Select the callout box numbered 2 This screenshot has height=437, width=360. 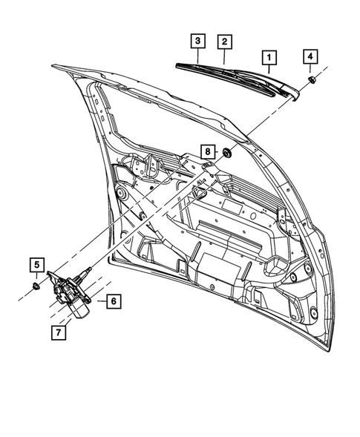pos(223,42)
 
